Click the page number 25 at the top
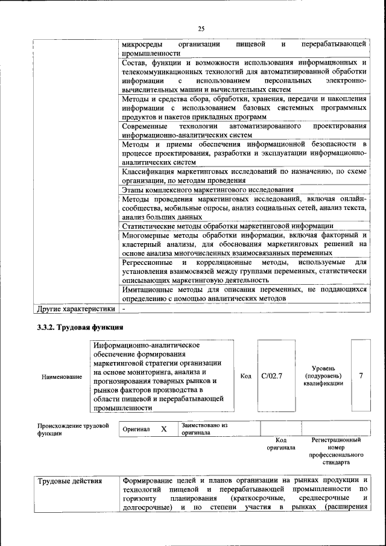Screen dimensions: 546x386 point(201,28)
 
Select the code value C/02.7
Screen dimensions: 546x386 point(272,376)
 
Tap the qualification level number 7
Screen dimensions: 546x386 point(361,375)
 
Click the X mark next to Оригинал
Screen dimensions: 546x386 point(163,428)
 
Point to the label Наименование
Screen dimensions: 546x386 point(62,376)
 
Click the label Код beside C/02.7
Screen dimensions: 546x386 point(245,376)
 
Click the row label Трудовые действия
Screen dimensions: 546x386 point(69,481)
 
